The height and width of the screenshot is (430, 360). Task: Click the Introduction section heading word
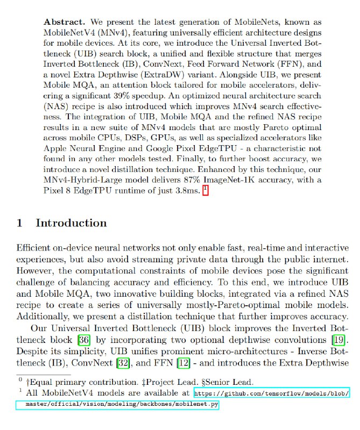point(71,223)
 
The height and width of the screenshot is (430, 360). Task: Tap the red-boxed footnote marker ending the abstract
point(205,191)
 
